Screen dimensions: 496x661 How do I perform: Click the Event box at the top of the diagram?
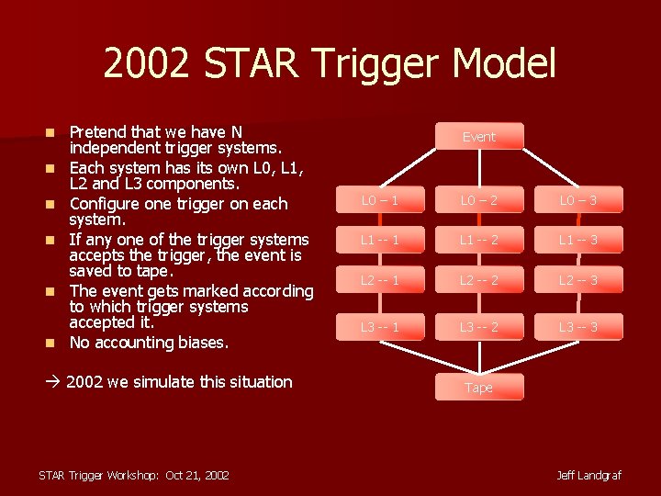[478, 136]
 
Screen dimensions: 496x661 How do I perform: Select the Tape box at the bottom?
[478, 388]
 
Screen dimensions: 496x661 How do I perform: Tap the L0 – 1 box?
[379, 199]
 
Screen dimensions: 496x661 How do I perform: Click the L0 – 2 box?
[478, 199]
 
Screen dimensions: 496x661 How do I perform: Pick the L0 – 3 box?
[578, 199]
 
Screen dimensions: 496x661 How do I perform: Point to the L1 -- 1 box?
[379, 240]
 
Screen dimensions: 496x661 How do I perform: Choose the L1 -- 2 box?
[478, 240]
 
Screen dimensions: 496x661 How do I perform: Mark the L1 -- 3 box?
[578, 240]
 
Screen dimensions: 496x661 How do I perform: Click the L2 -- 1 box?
[379, 280]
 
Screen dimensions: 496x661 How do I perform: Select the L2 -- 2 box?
[478, 280]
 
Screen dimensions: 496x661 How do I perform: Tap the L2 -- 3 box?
[578, 280]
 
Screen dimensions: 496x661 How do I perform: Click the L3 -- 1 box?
[379, 327]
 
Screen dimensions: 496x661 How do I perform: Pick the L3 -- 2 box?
[478, 327]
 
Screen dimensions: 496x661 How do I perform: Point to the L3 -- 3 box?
[578, 327]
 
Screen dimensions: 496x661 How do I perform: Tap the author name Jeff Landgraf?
[588, 475]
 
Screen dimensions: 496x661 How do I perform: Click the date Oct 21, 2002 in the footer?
[197, 475]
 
